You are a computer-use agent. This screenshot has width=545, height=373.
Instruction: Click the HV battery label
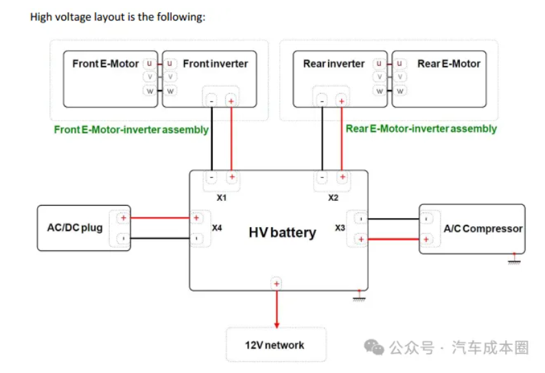282,232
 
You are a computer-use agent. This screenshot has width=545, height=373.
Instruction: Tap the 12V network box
276,345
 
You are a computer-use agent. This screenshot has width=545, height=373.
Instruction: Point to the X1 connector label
222,197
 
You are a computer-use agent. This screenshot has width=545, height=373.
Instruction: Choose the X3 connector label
340,227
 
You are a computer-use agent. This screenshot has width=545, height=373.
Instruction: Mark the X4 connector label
217,227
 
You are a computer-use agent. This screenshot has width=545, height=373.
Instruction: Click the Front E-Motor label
106,64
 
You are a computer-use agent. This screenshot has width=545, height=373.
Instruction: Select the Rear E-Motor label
449,64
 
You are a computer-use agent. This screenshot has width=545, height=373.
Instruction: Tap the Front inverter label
215,64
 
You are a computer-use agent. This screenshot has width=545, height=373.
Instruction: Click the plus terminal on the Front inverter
231,101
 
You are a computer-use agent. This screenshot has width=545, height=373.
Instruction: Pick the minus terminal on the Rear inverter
322,101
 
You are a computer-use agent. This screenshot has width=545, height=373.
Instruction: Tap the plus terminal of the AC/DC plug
123,219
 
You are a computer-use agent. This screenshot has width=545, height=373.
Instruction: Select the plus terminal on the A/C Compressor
426,239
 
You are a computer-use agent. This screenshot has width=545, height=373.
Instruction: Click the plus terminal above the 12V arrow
277,283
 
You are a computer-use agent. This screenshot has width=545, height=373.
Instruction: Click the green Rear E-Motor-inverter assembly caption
421,129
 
